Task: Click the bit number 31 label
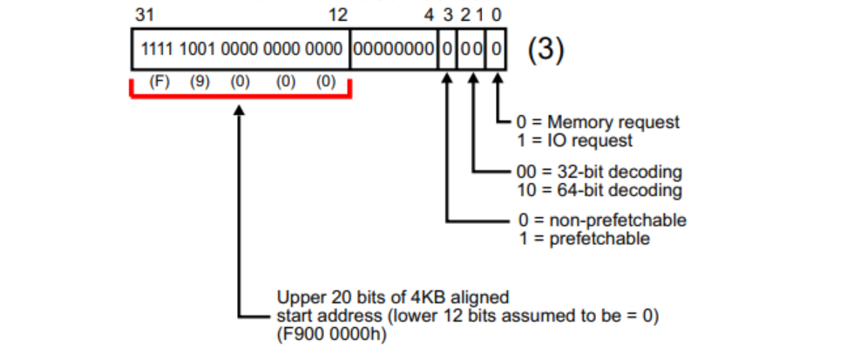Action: pyautogui.click(x=142, y=16)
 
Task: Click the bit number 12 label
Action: pyautogui.click(x=336, y=16)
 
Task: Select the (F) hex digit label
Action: pyautogui.click(x=159, y=82)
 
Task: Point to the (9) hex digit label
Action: pyautogui.click(x=200, y=82)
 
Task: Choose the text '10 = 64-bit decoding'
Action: pyautogui.click(x=600, y=189)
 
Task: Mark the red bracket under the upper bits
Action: pyautogui.click(x=240, y=95)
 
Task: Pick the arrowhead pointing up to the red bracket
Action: pyautogui.click(x=240, y=112)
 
